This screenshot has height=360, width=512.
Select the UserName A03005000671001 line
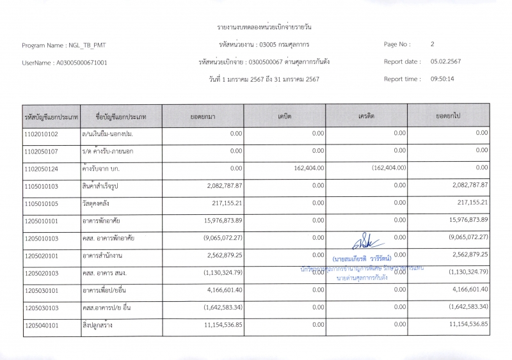coord(65,63)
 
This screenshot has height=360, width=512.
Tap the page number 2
coord(433,45)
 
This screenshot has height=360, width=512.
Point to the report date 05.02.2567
coord(446,62)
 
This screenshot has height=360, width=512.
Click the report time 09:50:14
coord(442,79)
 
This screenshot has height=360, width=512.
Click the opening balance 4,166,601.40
coord(223,290)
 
